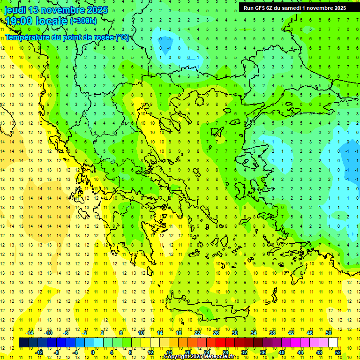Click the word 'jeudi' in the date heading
pyautogui.click(x=15, y=10)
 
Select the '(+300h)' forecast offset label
pyautogui.click(x=83, y=21)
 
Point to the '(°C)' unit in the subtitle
pyautogui.click(x=122, y=37)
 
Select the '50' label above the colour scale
pyautogui.click(x=328, y=333)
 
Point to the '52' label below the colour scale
pyautogui.click(x=338, y=352)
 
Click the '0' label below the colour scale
pyautogui.click(x=93, y=352)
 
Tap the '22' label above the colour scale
pyautogui.click(x=197, y=333)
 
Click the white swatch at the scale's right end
pyautogui.click(x=333, y=343)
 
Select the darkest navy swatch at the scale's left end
pyautogui.click(x=23, y=343)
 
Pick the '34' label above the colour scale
pyautogui.click(x=254, y=333)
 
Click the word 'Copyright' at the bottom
pyautogui.click(x=177, y=357)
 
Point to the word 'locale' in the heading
pyautogui.click(x=52, y=21)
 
